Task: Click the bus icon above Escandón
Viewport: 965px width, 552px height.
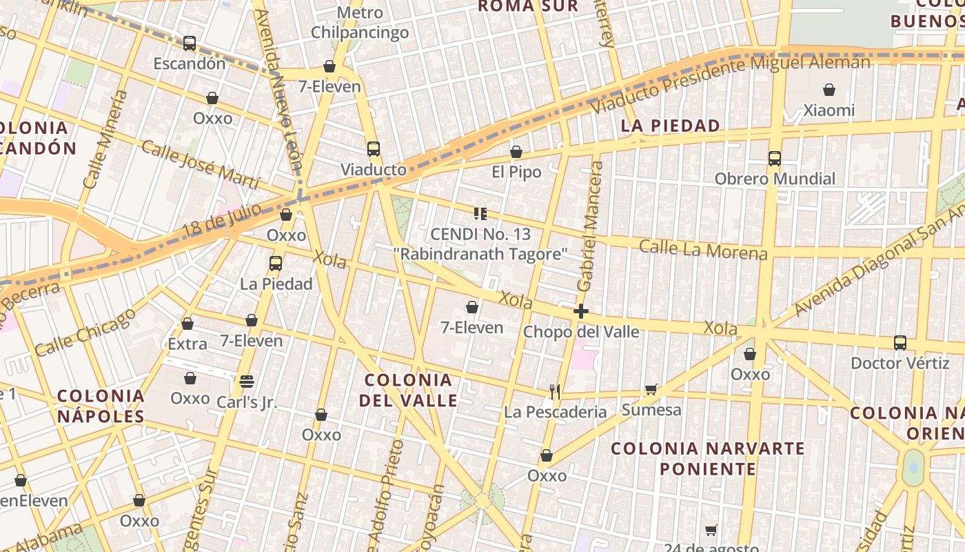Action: coord(190,43)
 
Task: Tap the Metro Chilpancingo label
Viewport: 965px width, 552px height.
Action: coord(360,23)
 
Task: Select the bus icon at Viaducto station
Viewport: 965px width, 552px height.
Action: coord(374,149)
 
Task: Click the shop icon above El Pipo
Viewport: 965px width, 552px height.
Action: coord(516,152)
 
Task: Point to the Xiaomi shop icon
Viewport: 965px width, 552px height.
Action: coord(829,90)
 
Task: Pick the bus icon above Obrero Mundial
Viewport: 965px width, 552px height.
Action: coord(775,159)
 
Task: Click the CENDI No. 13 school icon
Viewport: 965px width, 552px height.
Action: coord(480,214)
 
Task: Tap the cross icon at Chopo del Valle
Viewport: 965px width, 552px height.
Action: coord(581,311)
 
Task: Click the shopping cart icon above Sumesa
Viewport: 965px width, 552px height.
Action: coord(651,390)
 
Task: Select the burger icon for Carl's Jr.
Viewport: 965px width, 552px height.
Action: coord(247,382)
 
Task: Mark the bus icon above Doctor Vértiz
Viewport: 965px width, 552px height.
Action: coord(900,342)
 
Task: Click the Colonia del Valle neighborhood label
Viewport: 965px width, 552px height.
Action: coord(408,390)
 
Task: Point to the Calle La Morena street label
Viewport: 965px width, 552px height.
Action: coord(703,249)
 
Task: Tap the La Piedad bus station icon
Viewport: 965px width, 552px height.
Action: coord(276,263)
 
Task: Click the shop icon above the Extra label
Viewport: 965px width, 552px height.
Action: coord(187,323)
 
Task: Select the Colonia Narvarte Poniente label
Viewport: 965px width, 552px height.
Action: coord(708,459)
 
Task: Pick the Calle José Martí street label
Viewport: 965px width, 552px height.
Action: coord(201,164)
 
